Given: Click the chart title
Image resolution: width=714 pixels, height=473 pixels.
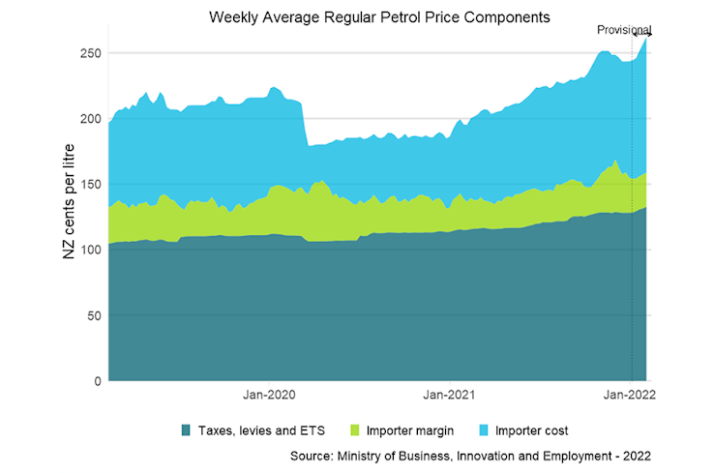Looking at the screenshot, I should click(379, 17).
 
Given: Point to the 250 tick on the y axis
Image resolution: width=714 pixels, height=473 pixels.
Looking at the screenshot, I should click(90, 52).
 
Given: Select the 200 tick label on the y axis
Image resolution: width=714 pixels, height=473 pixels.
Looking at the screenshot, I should click(90, 118).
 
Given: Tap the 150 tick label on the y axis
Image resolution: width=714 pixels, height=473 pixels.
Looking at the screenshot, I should click(90, 184).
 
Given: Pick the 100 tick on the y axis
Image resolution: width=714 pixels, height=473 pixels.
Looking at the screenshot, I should click(90, 250).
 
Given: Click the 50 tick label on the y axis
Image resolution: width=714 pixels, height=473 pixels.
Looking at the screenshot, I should click(94, 315).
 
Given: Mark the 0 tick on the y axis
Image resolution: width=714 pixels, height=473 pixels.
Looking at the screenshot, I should click(98, 381).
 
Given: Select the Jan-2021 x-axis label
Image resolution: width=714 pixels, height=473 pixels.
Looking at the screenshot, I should click(449, 395).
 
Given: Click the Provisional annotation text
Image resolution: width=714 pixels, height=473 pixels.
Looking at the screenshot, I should click(623, 30).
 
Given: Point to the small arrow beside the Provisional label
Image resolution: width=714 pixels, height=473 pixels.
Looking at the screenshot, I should click(642, 36).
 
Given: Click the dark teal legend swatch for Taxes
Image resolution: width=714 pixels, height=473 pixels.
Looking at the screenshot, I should click(185, 429).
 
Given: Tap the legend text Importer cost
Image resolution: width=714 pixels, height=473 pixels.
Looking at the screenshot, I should click(531, 430).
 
